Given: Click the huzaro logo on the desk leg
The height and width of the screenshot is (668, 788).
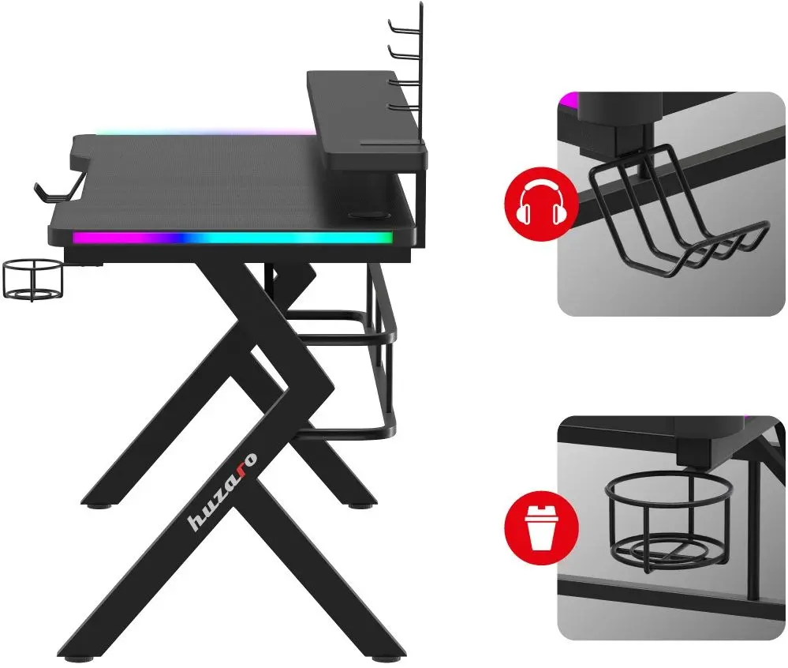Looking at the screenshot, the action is [x=222, y=491].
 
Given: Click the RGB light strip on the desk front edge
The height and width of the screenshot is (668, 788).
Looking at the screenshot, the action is [x=232, y=238].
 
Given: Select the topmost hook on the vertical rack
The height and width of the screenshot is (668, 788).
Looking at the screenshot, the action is [x=405, y=24].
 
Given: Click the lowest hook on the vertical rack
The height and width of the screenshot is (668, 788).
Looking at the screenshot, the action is [x=405, y=107].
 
